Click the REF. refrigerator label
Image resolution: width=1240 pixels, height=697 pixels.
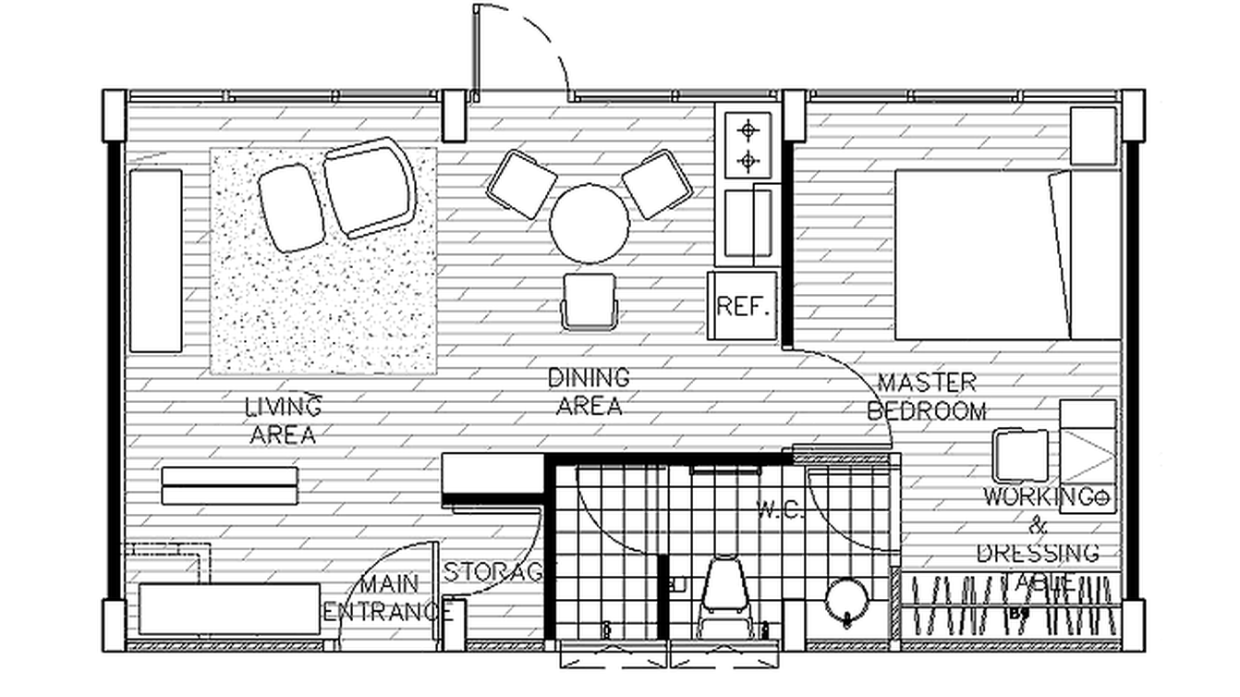743,306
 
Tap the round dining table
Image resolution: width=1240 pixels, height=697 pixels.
589,224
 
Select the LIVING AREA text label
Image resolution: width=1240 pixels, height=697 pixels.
283,420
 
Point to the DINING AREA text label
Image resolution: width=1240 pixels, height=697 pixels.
589,392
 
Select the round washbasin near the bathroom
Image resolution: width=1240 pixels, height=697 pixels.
845,601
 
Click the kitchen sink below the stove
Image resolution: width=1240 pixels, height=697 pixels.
748,223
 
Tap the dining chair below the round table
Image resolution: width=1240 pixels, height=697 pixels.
589,300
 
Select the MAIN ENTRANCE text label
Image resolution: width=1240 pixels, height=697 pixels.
387,598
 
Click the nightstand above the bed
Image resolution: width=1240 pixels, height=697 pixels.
1094,136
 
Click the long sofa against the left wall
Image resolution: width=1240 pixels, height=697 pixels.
155,261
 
